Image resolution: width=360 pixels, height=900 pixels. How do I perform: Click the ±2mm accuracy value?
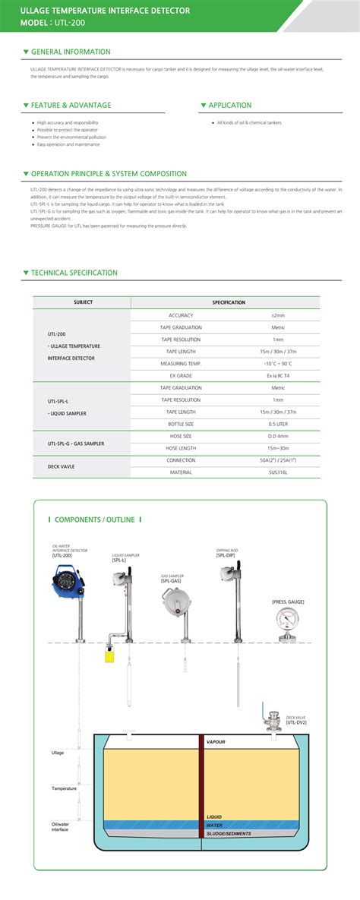pyautogui.click(x=278, y=315)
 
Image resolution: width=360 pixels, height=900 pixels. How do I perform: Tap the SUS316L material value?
pyautogui.click(x=278, y=472)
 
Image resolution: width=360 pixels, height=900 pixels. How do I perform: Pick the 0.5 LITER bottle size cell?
pyautogui.click(x=278, y=423)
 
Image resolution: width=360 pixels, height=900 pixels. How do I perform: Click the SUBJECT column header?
pyautogui.click(x=83, y=302)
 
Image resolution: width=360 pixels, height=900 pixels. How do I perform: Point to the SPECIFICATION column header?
pyautogui.click(x=229, y=302)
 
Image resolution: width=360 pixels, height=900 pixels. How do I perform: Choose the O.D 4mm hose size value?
pyautogui.click(x=278, y=436)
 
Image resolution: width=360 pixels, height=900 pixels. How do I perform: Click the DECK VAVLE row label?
pyautogui.click(x=61, y=466)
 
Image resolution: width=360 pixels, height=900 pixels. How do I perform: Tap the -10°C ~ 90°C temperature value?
pyautogui.click(x=278, y=364)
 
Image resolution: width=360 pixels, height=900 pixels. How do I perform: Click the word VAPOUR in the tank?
pyautogui.click(x=216, y=741)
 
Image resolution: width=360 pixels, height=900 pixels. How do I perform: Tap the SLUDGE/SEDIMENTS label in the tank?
pyautogui.click(x=229, y=833)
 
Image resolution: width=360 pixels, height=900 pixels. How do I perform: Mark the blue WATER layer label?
pyautogui.click(x=215, y=824)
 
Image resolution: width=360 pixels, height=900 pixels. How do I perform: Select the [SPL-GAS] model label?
pyautogui.click(x=170, y=581)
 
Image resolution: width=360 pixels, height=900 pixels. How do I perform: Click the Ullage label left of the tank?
pyautogui.click(x=58, y=753)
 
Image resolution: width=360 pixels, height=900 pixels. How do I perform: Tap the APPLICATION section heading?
pyautogui.click(x=230, y=106)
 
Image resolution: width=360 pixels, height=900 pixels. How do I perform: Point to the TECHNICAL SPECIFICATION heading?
pyautogui.click(x=74, y=273)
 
